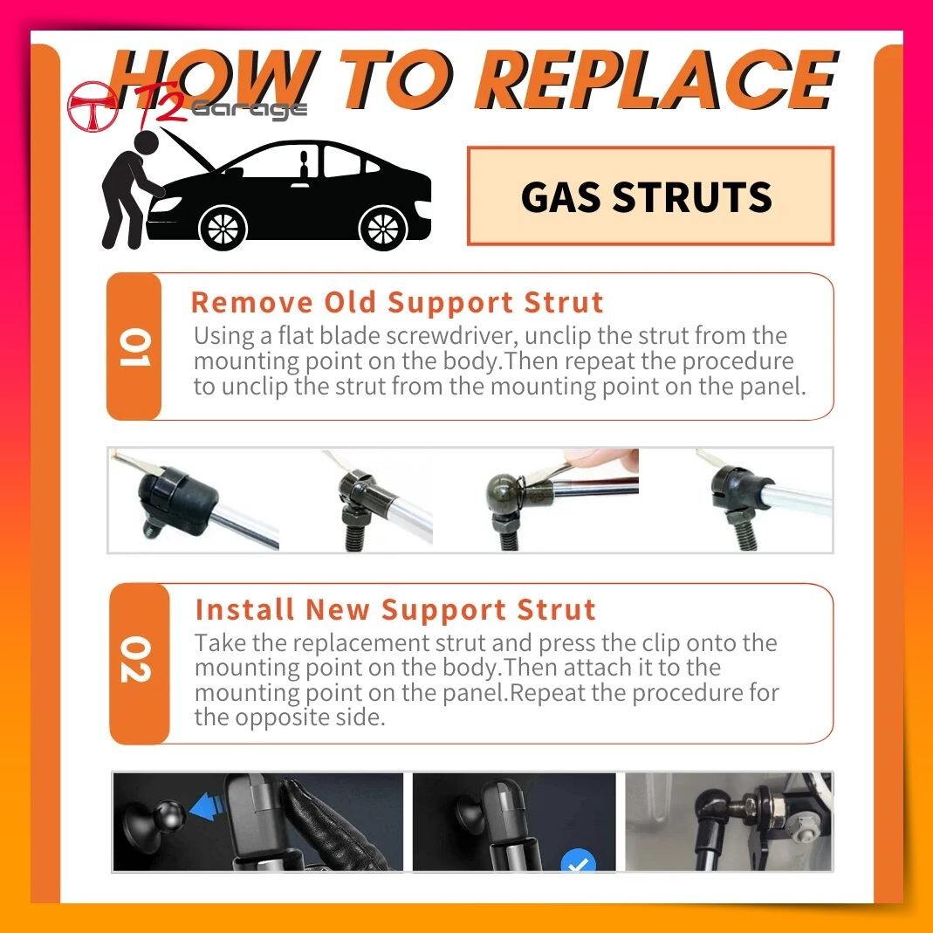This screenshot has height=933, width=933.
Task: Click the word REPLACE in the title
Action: click(x=656, y=79)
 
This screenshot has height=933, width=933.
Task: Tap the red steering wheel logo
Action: click(x=93, y=106)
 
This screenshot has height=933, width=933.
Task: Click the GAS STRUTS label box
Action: click(x=650, y=196)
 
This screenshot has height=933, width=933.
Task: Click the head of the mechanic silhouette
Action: click(x=147, y=143)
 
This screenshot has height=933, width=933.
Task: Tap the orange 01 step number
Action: click(x=134, y=346)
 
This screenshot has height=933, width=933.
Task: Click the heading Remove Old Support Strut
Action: click(x=397, y=302)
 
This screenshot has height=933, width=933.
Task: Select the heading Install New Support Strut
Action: click(x=395, y=610)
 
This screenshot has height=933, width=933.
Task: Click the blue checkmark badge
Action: click(x=578, y=861)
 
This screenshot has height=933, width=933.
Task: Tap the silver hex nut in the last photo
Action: click(x=806, y=833)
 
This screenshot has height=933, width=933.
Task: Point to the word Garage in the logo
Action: click(x=250, y=109)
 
